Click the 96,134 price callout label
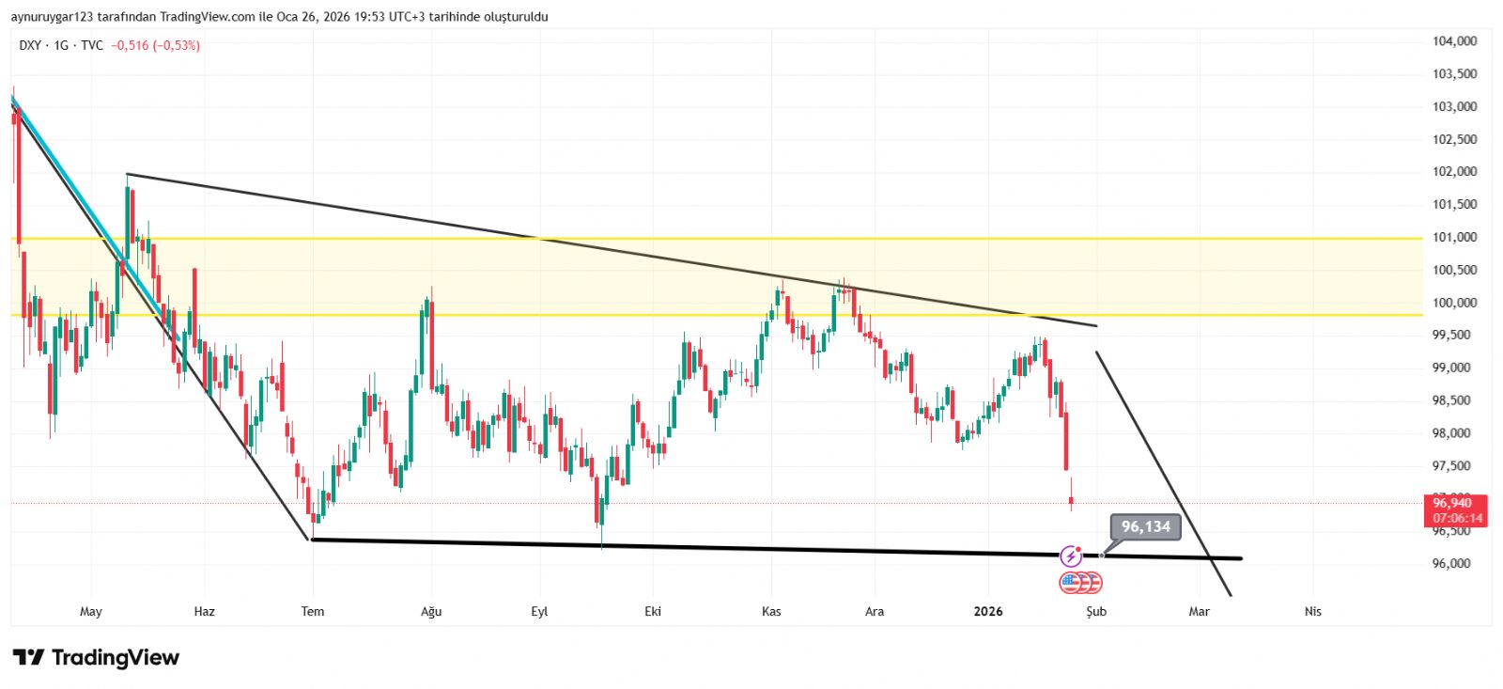pos(1145,526)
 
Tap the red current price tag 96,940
pos(1452,504)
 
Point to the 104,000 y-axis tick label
pos(1454,41)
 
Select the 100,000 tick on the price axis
pos(1454,303)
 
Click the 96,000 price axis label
pos(1454,564)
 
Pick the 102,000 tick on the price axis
pos(1454,172)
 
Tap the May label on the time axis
pos(91,612)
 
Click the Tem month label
pos(313,612)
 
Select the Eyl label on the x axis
pos(539,612)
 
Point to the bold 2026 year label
pos(988,612)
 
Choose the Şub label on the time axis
pos(1096,612)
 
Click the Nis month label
pos(1313,612)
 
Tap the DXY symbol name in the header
pos(30,45)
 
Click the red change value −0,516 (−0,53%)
pos(155,45)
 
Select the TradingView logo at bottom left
pos(96,658)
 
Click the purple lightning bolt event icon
pos(1071,556)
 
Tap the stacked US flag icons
pos(1080,583)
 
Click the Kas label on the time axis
pos(771,612)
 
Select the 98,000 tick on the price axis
pos(1454,433)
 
